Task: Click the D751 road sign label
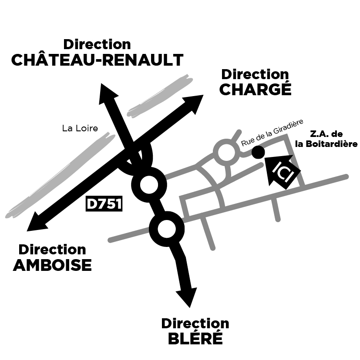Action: pos(104,203)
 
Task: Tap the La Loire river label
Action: pos(80,128)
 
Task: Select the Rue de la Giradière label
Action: pos(272,133)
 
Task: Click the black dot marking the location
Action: pos(258,152)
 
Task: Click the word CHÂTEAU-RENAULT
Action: pos(97,60)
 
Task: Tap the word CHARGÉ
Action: pos(256,89)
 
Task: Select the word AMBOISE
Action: pos(52,265)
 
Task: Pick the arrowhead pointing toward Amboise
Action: pos(37,222)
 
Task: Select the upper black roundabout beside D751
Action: pos(149,185)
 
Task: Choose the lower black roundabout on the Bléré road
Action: pos(167,229)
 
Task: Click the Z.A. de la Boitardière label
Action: pos(326,139)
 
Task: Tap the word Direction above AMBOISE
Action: pos(52,250)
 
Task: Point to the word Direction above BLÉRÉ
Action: pos(195,323)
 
